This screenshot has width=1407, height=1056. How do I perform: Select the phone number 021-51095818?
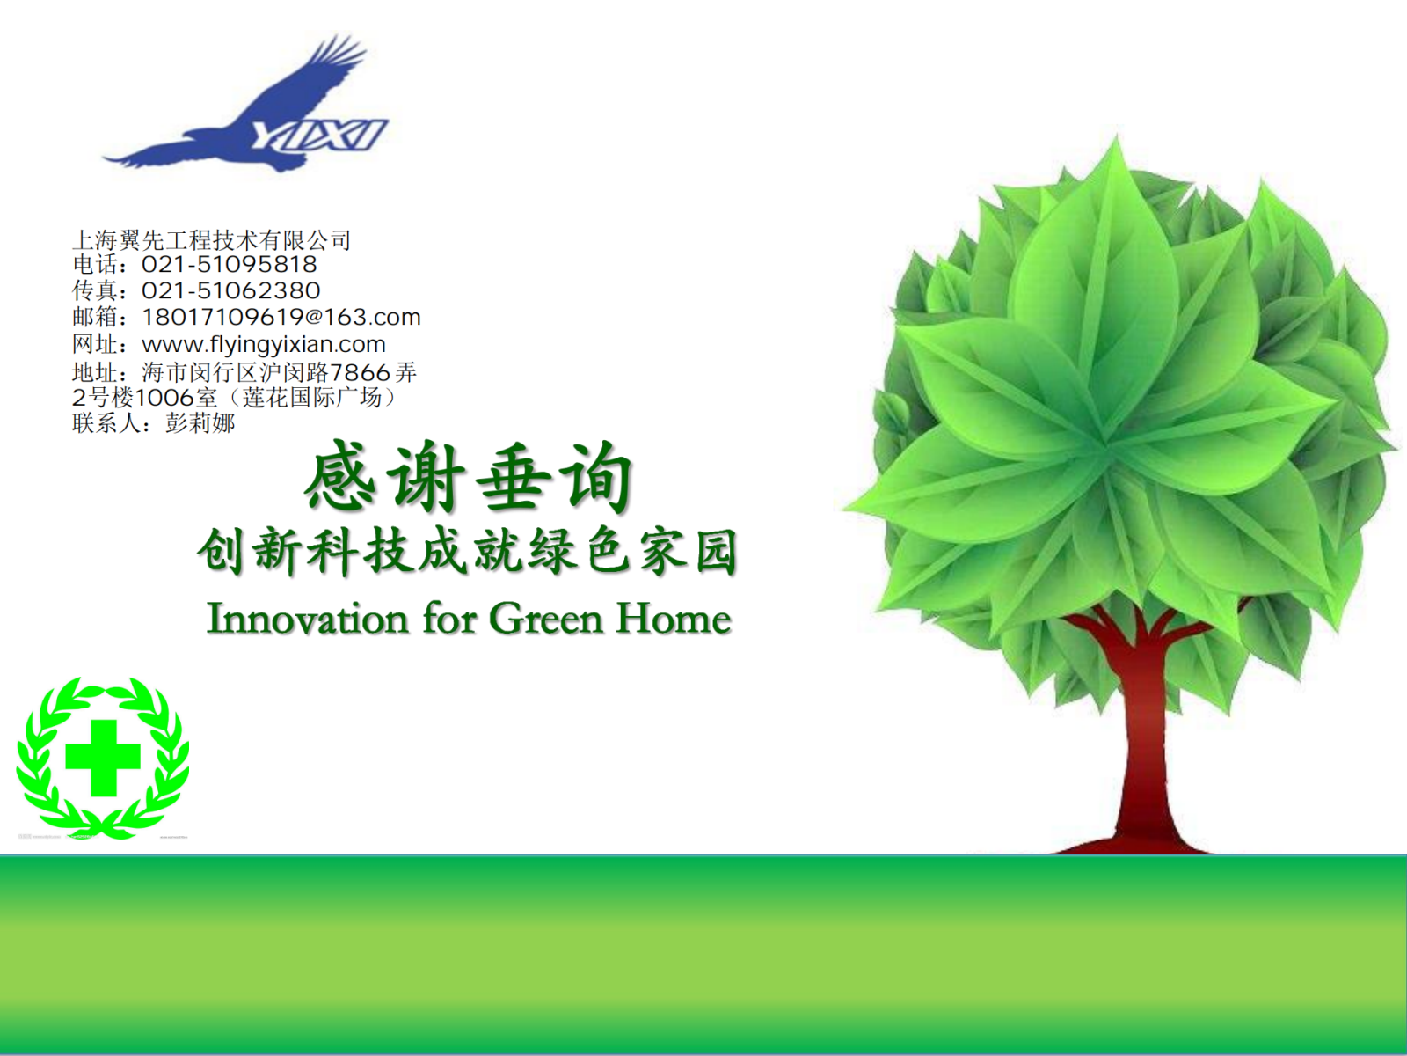229,264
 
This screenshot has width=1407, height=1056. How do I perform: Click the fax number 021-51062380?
230,290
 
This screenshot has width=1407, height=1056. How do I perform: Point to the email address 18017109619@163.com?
281,317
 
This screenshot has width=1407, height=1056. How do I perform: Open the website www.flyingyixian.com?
264,345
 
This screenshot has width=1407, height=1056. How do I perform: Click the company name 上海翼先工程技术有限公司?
212,240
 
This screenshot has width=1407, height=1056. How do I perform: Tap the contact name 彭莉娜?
200,423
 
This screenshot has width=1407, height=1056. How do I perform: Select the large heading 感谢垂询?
469,478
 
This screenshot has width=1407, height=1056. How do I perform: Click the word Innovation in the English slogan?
307,619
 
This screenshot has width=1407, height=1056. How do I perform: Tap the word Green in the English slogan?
545,619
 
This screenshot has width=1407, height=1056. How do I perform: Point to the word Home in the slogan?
673,619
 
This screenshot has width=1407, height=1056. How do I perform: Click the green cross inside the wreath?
103,757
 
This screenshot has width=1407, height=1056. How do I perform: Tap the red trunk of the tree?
1148,737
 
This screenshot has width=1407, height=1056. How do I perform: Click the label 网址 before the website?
95,345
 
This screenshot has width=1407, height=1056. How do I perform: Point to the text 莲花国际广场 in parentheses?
312,398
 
